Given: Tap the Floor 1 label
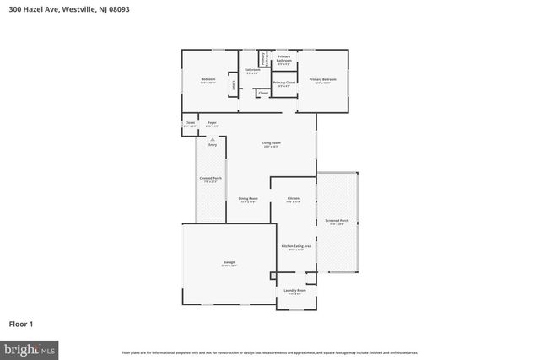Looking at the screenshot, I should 21,323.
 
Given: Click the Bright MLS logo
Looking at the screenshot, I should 29,347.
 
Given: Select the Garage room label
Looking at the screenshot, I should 229,263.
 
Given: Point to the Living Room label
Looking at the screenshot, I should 270,144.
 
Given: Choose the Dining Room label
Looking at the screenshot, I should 247,199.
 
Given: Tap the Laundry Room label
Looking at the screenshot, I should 294,291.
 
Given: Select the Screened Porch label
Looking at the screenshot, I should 337,222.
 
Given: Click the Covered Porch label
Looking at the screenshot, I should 210,179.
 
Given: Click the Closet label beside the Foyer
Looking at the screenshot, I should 190,123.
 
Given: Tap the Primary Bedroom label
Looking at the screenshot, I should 324,80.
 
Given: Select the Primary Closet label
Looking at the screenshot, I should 283,83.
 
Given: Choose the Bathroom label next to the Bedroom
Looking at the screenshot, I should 251,71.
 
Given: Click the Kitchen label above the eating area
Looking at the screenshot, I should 293,199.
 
